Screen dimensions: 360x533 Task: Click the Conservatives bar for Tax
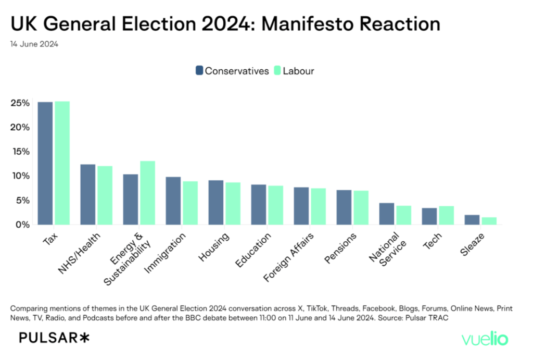tap(45, 163)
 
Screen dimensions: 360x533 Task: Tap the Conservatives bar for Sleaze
tap(472, 219)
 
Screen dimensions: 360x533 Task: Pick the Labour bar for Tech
tap(446, 215)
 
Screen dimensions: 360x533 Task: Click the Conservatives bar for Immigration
tap(173, 201)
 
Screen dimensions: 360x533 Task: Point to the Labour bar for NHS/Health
tap(105, 195)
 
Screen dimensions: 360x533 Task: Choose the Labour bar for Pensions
tap(361, 207)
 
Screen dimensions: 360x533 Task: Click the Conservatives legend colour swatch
tap(199, 71)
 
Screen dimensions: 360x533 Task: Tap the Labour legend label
tap(298, 71)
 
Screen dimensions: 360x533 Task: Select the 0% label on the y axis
tap(22, 225)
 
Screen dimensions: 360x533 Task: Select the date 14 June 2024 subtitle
tap(34, 44)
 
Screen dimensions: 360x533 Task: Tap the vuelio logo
tap(485, 339)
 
